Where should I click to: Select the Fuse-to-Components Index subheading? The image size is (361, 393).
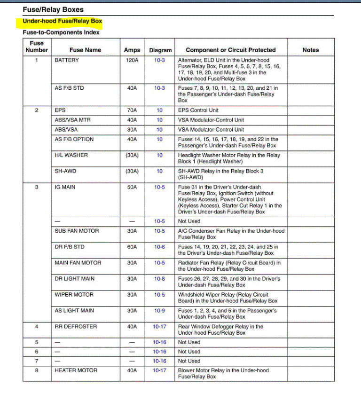click(x=61, y=32)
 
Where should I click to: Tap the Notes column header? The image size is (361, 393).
click(x=310, y=50)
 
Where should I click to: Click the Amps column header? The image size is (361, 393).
click(x=132, y=50)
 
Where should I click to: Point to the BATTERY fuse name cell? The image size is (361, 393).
click(x=67, y=60)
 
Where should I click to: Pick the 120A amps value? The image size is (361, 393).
click(x=132, y=60)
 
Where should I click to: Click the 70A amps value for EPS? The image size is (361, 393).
click(x=132, y=110)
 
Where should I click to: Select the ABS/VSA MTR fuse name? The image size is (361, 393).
click(x=72, y=120)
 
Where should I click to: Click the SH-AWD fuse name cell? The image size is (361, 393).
click(x=65, y=171)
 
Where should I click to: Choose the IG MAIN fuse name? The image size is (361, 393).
click(x=65, y=187)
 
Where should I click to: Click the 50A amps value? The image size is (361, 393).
click(x=132, y=187)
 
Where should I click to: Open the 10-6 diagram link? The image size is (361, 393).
click(x=159, y=247)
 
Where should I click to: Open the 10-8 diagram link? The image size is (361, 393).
click(x=159, y=279)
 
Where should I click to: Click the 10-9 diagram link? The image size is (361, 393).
click(x=159, y=311)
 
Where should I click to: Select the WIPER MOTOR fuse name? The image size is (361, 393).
click(x=74, y=295)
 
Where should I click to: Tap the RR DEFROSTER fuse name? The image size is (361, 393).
click(x=76, y=327)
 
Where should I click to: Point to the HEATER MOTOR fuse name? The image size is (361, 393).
click(x=76, y=370)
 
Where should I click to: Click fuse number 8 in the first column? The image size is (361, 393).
click(x=37, y=370)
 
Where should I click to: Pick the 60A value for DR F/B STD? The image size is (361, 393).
click(x=132, y=247)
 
